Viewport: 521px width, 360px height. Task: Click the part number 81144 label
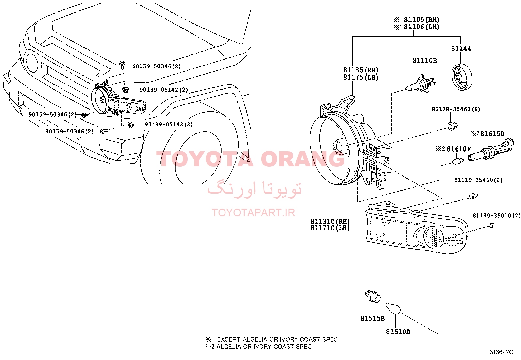[461, 49]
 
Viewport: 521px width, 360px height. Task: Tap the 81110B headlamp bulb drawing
[420, 84]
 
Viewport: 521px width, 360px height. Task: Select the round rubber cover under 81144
[462, 77]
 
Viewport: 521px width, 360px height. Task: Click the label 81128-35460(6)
[456, 109]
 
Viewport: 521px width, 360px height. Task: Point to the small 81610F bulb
[458, 161]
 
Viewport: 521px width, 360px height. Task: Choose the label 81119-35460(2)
[478, 180]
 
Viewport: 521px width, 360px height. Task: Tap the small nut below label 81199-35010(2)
[491, 225]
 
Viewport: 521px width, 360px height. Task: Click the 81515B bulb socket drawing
[372, 296]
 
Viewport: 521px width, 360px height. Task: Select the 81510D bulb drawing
[393, 309]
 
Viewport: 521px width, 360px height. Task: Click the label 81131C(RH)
[330, 221]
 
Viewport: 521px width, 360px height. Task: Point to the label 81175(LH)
[361, 77]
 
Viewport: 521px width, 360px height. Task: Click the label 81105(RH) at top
[422, 20]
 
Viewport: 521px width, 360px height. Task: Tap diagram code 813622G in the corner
[501, 352]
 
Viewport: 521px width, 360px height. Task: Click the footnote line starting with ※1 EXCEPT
[271, 339]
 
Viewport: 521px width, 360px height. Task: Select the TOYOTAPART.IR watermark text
[253, 213]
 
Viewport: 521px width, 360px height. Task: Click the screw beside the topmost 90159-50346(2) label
[122, 65]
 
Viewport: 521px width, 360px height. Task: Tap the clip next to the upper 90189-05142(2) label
[125, 90]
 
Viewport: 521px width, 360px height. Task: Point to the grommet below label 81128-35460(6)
[452, 126]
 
